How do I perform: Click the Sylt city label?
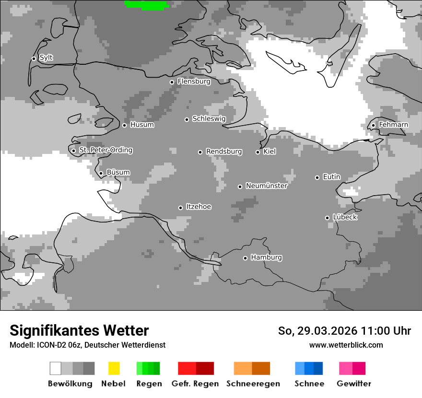(x=46, y=58)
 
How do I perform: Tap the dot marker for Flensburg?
(x=172, y=82)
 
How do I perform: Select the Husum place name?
(x=142, y=125)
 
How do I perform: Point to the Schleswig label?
(x=209, y=118)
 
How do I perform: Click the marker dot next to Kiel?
(x=258, y=152)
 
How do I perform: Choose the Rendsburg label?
(x=224, y=152)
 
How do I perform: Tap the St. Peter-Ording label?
(x=105, y=150)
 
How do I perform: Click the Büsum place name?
(x=118, y=173)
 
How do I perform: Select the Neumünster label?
(x=266, y=186)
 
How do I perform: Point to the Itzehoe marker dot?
(x=180, y=208)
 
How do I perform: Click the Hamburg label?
(x=266, y=258)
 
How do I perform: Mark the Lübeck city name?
(x=345, y=217)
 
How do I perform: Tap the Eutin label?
(x=331, y=177)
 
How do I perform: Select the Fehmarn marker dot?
(x=373, y=126)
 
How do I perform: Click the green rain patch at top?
(x=147, y=5)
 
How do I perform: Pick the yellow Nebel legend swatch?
(x=114, y=368)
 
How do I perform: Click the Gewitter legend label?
(x=353, y=384)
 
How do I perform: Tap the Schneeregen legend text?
(x=253, y=384)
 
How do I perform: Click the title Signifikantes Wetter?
(x=79, y=331)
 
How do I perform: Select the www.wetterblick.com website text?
(x=346, y=345)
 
